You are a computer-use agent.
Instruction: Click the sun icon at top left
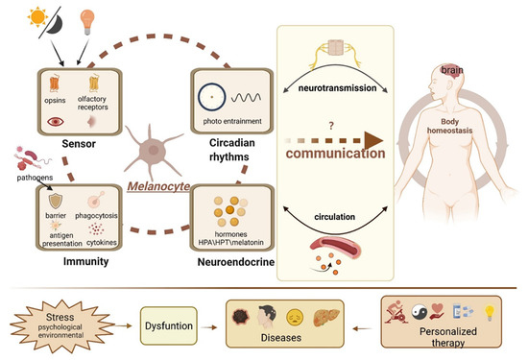(20, 18)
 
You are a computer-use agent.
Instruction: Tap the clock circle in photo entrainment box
(209, 97)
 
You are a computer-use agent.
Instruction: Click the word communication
(343, 152)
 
